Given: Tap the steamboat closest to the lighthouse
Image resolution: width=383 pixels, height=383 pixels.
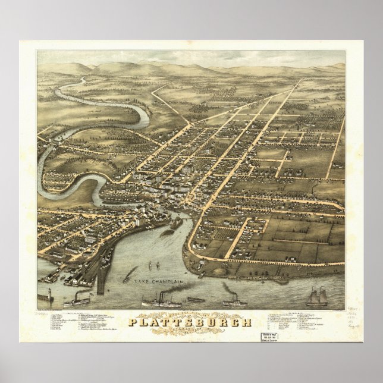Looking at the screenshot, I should (x=76, y=302).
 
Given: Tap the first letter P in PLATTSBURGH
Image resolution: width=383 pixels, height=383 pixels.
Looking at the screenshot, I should (x=134, y=323).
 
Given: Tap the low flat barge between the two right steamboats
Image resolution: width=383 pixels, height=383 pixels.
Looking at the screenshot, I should (x=196, y=300).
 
